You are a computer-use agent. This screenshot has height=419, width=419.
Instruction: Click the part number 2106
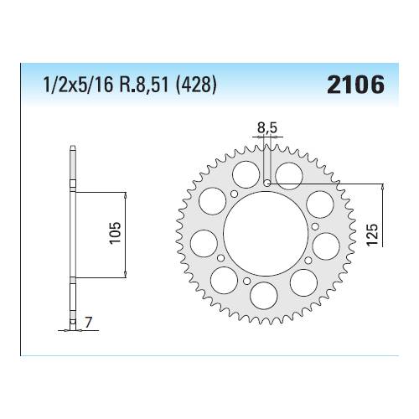tap(359, 85)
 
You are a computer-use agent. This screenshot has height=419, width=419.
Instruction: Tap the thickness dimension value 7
tap(88, 321)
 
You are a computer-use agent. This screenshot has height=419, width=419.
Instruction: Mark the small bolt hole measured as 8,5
tap(266, 183)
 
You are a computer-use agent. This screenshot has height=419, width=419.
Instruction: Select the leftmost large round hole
tap(201, 244)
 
